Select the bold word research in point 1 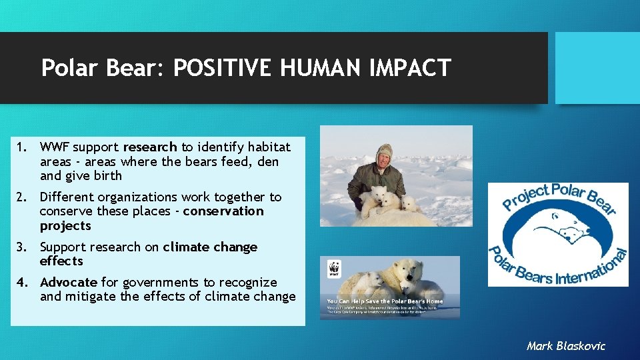coord(150,147)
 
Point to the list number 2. coord(22,197)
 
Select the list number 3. coord(22,247)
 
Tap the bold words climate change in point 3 coord(209,247)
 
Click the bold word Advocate coord(69,283)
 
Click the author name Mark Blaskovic coord(565,346)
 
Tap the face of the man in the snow coord(384,160)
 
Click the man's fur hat coord(384,149)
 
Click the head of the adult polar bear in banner coord(408,269)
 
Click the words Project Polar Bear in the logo coord(557,198)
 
